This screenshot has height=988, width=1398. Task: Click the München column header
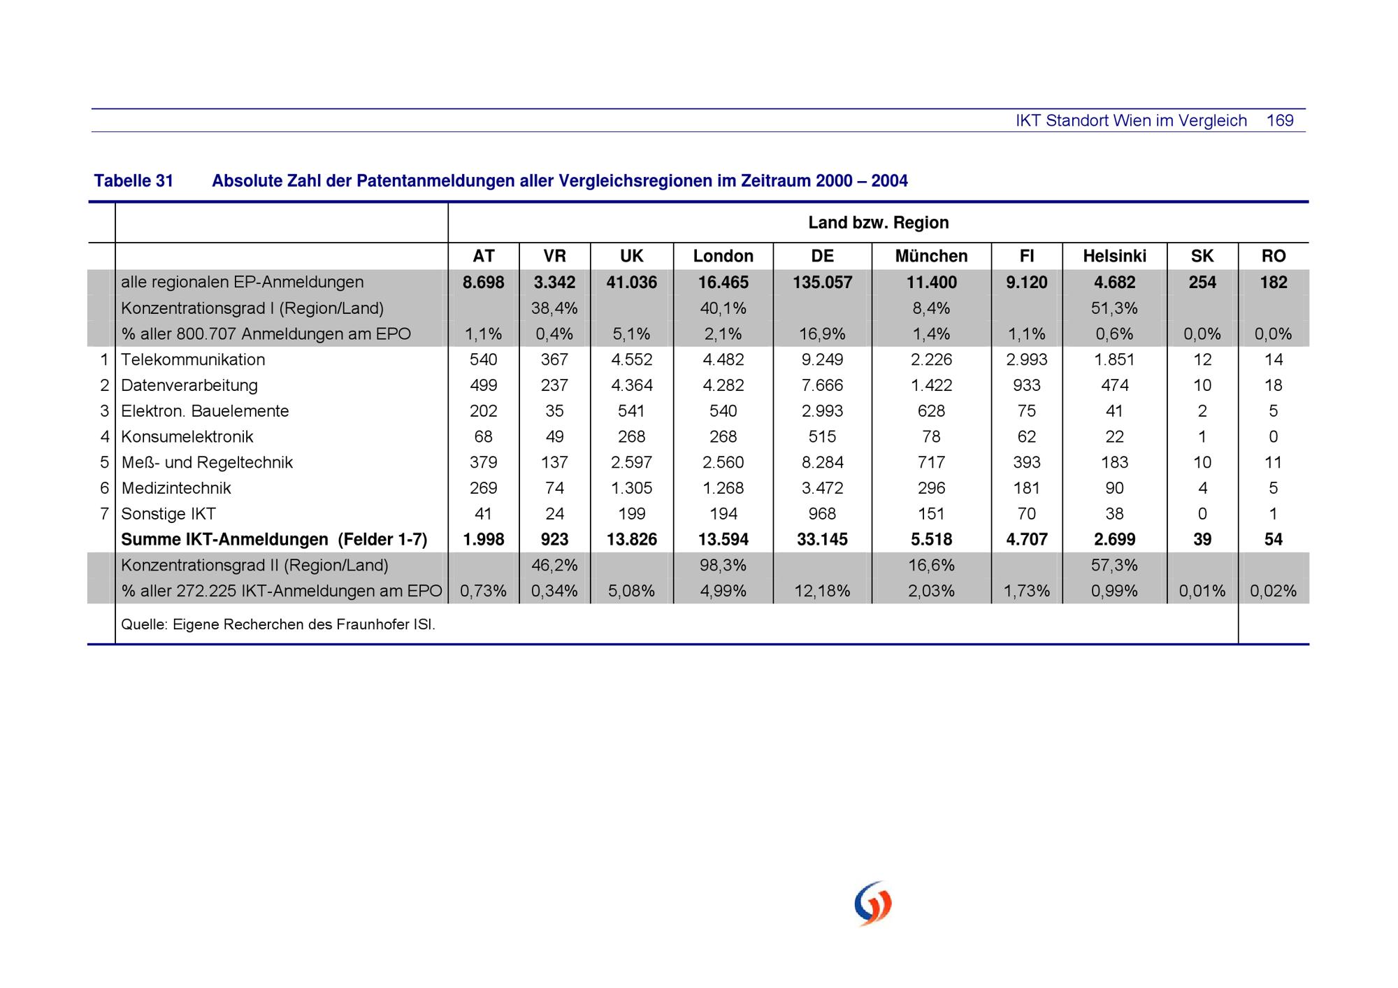pyautogui.click(x=931, y=256)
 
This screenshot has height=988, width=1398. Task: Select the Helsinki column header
pyautogui.click(x=1114, y=256)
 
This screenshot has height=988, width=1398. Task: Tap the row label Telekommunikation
pyautogui.click(x=193, y=359)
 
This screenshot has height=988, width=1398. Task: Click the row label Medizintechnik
pyautogui.click(x=175, y=488)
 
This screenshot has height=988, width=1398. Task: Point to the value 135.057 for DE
pyautogui.click(x=822, y=282)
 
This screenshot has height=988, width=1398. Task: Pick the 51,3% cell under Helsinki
pyautogui.click(x=1114, y=308)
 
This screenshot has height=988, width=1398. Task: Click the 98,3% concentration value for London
pyautogui.click(x=723, y=565)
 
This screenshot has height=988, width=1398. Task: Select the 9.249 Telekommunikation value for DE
pyautogui.click(x=822, y=359)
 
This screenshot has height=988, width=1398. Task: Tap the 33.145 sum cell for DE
pyautogui.click(x=822, y=539)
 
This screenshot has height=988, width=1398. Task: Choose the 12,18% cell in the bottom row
pyautogui.click(x=822, y=591)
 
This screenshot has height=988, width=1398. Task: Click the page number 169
pyautogui.click(x=1280, y=120)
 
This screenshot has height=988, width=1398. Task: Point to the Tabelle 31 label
pyautogui.click(x=134, y=181)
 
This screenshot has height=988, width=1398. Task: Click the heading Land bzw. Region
pyautogui.click(x=879, y=222)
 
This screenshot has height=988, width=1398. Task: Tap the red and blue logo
pyautogui.click(x=873, y=903)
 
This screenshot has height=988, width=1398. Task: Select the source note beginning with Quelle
pyautogui.click(x=278, y=624)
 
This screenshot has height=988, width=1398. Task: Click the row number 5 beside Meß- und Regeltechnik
pyautogui.click(x=105, y=462)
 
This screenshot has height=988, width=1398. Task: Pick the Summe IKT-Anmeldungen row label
pyautogui.click(x=274, y=539)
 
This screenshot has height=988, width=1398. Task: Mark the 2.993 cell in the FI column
pyautogui.click(x=1026, y=359)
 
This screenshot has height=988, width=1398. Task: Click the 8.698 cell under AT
pyautogui.click(x=483, y=282)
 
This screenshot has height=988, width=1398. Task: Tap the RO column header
pyautogui.click(x=1273, y=256)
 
